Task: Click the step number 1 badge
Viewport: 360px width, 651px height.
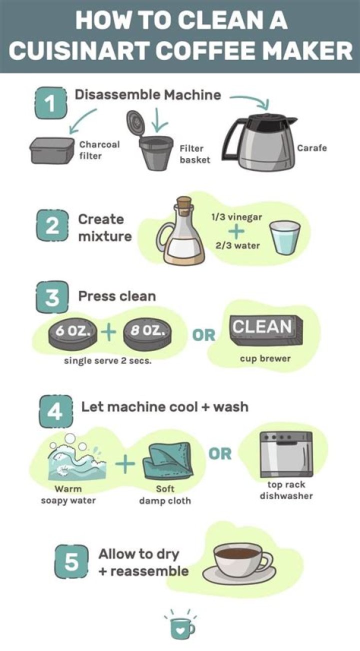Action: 50,103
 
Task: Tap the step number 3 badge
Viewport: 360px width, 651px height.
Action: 50,298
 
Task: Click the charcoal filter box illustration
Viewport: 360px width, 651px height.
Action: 52,150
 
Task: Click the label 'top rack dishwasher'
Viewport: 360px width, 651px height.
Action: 286,490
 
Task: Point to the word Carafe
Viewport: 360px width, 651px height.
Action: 311,148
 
